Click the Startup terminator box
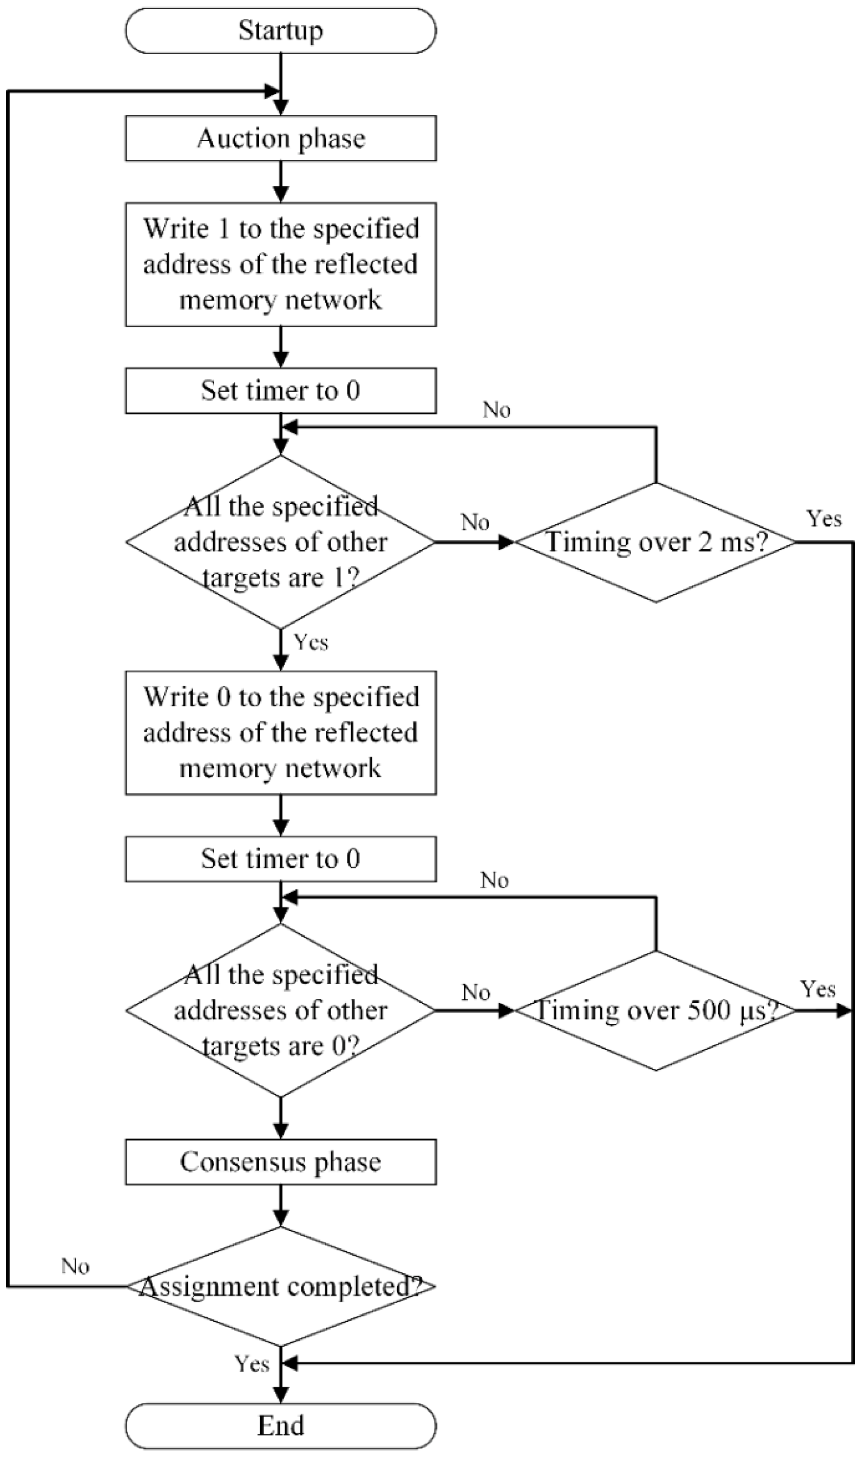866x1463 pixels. coord(281,30)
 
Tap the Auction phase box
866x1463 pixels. coord(281,138)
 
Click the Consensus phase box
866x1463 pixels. coord(281,1161)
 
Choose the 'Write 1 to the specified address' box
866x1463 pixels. coord(281,265)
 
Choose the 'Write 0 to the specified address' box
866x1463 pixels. coord(281,733)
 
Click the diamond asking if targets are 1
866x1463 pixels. coord(281,542)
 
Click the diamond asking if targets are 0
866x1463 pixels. coord(281,1011)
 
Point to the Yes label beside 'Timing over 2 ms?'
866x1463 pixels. coord(824,518)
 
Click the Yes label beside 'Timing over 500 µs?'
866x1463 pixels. coord(818,989)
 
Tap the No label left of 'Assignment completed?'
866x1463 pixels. coord(75,1266)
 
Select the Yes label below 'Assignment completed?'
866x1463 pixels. coord(252,1364)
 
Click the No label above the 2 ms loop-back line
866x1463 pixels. coord(496,410)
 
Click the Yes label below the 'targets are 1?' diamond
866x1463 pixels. coord(311,642)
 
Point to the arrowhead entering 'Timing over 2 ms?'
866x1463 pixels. coord(505,542)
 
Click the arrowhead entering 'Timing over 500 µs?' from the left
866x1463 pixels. coord(505,1011)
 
